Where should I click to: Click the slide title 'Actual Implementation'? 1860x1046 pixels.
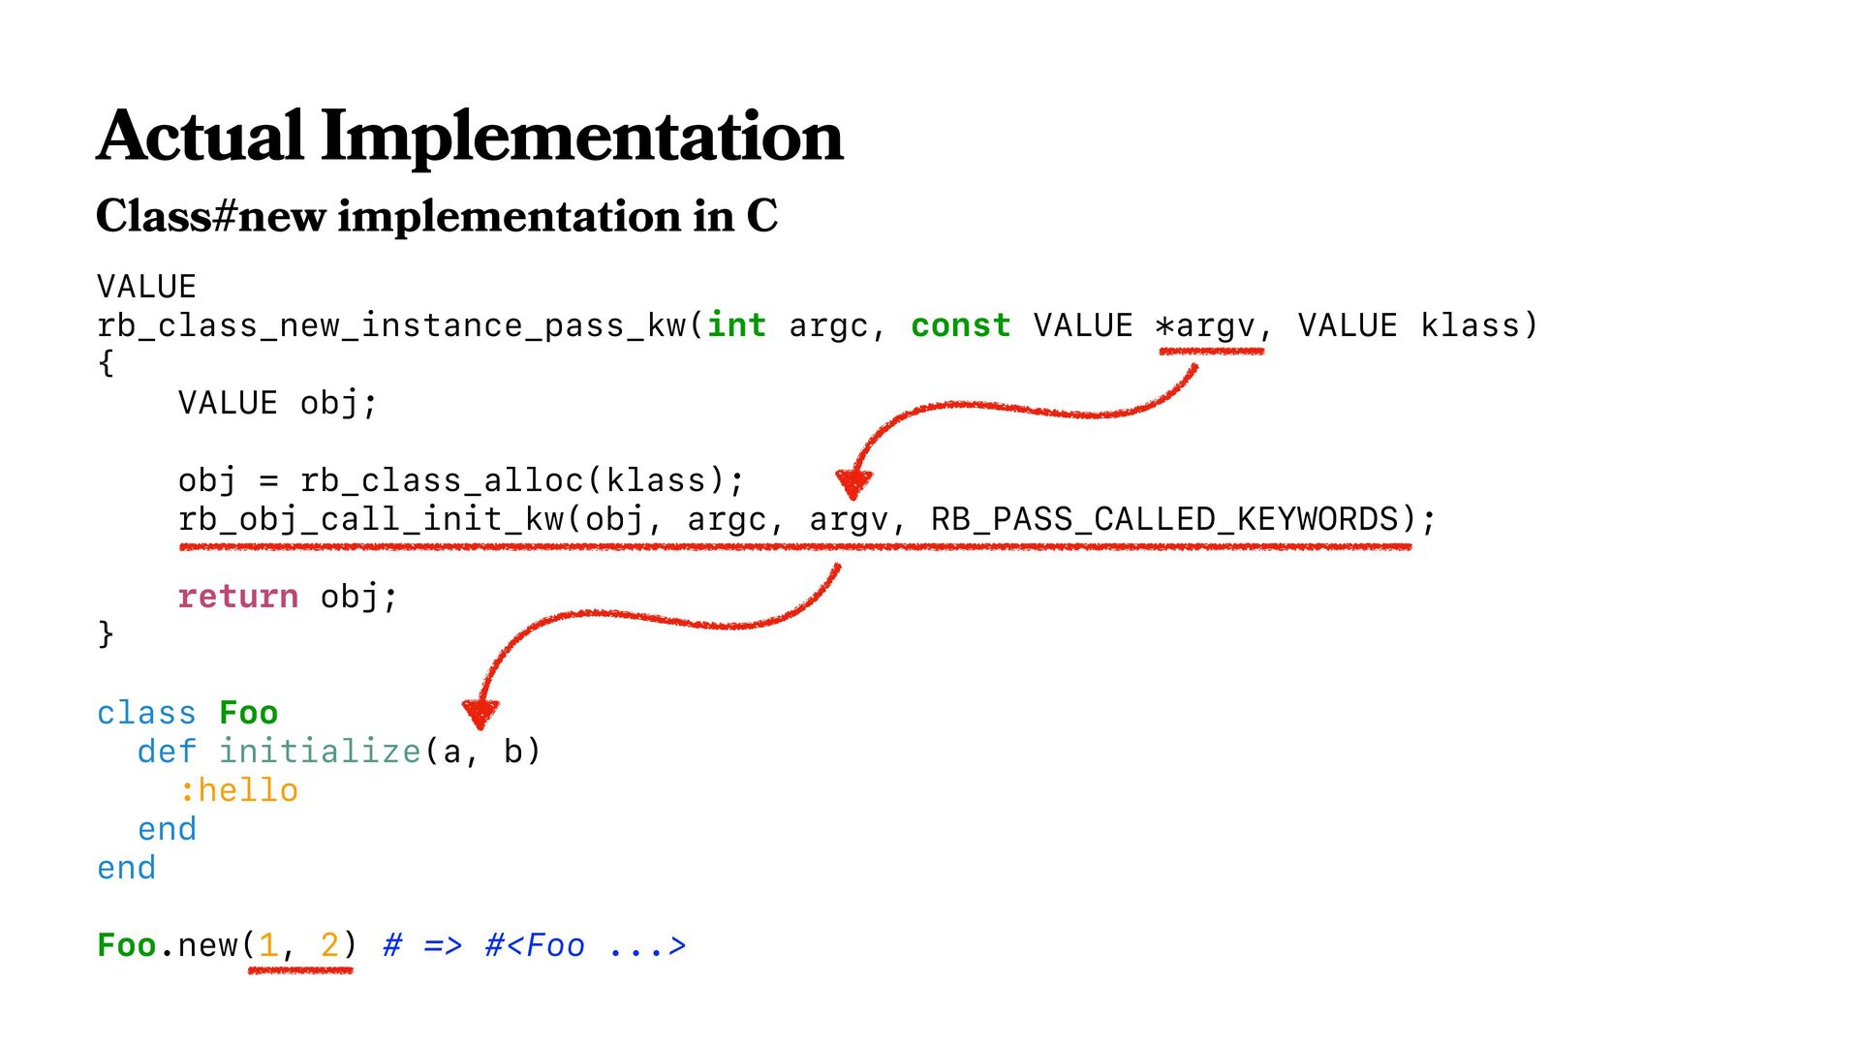pos(470,137)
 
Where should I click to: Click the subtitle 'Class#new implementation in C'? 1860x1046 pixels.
pos(436,215)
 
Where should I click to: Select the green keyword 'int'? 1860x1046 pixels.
pos(736,325)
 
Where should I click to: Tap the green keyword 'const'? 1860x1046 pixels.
pos(960,325)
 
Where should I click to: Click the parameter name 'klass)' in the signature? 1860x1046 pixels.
pos(1478,325)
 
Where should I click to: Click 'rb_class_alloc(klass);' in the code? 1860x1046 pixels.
pos(522,480)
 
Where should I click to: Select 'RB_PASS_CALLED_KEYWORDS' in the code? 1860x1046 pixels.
pos(1165,519)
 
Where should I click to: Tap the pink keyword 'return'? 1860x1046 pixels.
pos(238,597)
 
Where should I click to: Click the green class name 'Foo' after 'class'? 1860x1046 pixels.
pos(248,713)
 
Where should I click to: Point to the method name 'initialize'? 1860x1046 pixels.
pos(320,752)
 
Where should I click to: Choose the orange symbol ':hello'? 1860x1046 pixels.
pos(238,790)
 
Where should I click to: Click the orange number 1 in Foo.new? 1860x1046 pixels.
pos(268,945)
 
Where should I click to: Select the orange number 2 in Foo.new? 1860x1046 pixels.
pos(329,945)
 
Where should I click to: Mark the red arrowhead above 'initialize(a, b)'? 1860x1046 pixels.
pos(480,713)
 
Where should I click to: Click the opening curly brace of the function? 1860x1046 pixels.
pos(106,364)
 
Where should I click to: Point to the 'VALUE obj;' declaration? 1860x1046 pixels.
pos(277,403)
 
